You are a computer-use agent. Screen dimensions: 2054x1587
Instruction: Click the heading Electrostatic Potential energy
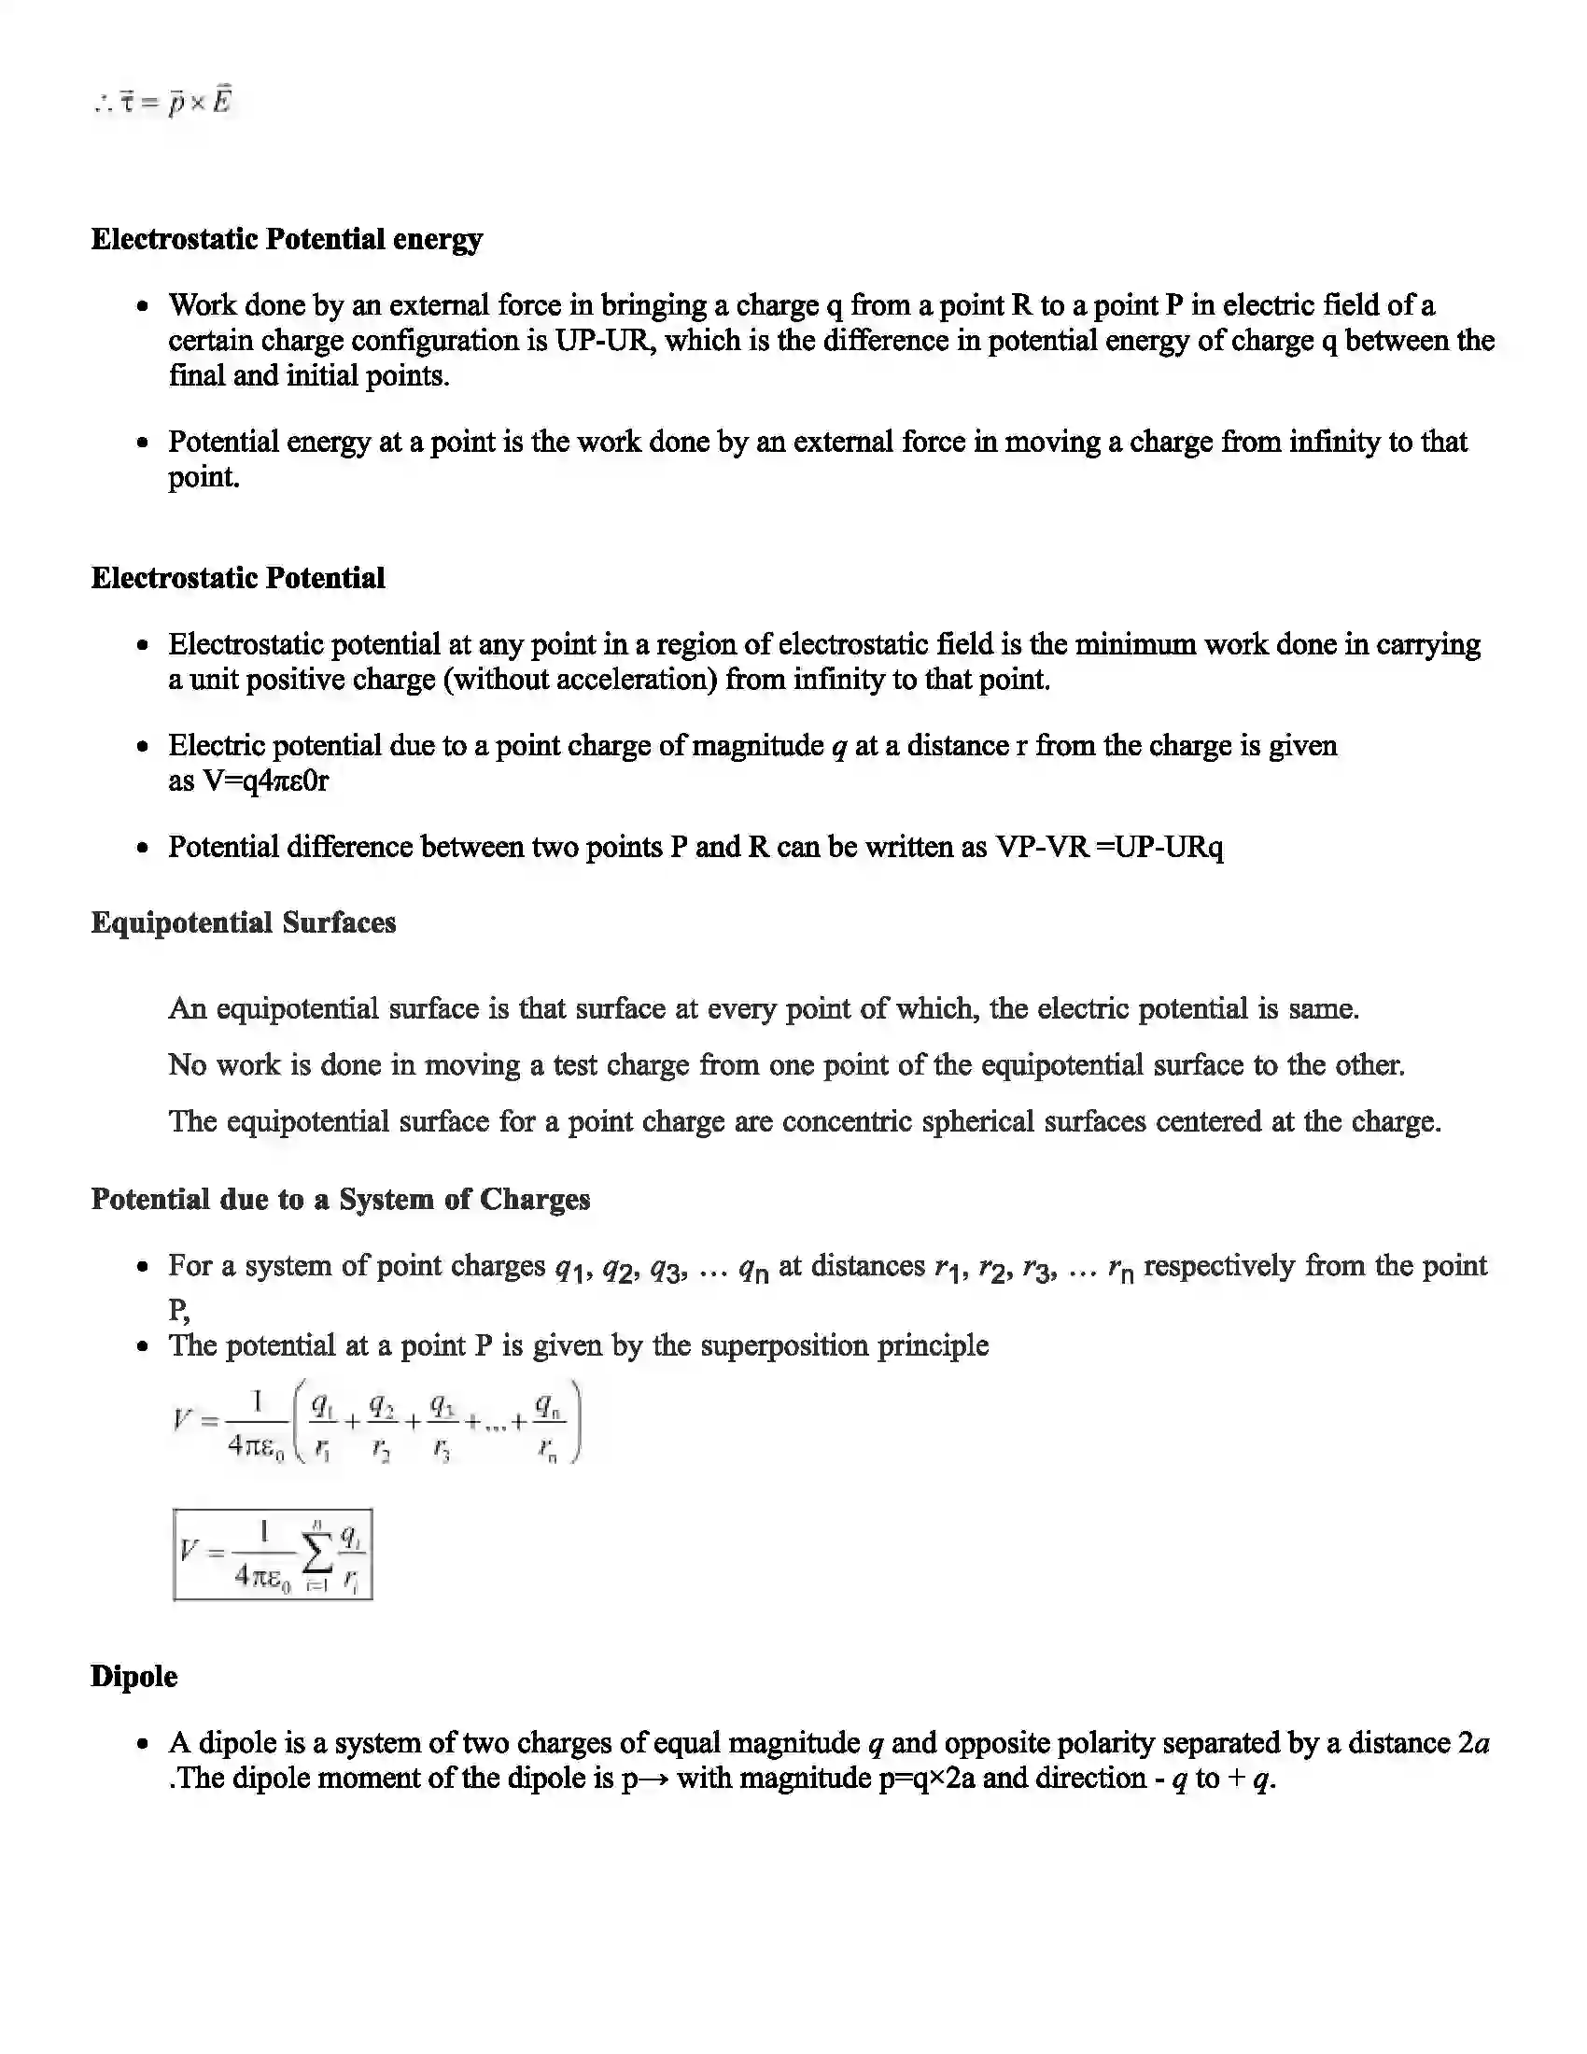(x=286, y=239)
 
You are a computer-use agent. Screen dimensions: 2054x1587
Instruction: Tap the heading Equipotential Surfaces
(x=243, y=922)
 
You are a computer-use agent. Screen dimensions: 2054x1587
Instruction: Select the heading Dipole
(x=133, y=1676)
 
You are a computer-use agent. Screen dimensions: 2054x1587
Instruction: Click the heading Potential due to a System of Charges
(x=341, y=1199)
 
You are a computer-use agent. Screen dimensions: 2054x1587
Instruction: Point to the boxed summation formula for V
(x=273, y=1555)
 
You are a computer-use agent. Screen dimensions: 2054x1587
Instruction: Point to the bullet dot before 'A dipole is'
(x=143, y=1744)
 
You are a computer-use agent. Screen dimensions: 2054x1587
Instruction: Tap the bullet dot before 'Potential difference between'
(x=143, y=848)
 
